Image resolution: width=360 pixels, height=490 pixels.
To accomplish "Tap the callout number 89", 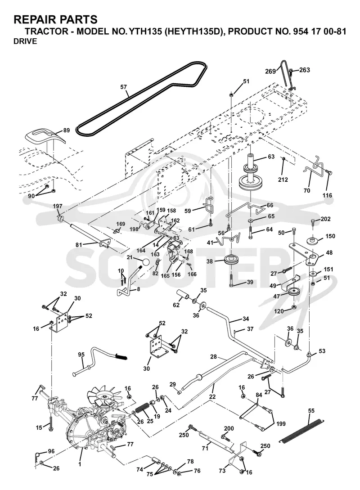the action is pos(66,130).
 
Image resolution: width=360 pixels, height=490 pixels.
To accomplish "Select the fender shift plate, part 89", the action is pos(45,137).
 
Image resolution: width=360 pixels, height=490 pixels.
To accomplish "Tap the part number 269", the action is pos(270,71).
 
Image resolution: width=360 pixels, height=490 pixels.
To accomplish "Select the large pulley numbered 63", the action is pos(252,176).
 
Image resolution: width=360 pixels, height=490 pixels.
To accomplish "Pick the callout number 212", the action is pos(283,180).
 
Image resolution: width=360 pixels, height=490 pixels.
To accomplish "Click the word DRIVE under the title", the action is pos(25,41).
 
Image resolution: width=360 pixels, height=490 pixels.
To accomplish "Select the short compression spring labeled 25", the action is pos(142,409).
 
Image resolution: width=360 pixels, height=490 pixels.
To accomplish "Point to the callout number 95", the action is pos(81,355).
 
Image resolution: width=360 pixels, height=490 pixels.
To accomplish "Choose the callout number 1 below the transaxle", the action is pos(80,465).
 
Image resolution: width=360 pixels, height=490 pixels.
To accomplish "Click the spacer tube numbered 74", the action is pos(157,461).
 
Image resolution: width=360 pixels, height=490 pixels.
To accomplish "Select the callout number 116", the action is pos(328,196).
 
